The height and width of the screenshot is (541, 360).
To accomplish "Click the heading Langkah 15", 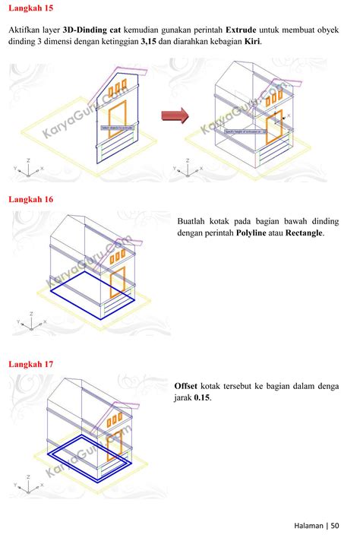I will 30,8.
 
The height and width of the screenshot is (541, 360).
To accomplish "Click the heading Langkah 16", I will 30,200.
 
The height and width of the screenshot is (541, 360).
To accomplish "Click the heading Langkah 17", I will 30,365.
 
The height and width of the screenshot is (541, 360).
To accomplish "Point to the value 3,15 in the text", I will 153,43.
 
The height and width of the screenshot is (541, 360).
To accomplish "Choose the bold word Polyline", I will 256,233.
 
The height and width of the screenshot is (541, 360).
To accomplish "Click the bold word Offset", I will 187,385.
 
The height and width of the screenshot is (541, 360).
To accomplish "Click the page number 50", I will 335,525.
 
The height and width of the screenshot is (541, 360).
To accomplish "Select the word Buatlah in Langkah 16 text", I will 193,221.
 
